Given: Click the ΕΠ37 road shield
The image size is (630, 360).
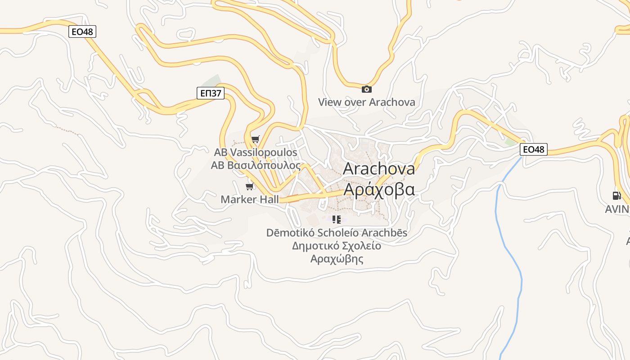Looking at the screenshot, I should (x=211, y=93).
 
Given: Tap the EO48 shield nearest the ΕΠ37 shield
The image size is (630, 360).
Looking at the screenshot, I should (x=82, y=31).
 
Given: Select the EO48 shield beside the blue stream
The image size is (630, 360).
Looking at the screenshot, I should (x=534, y=149).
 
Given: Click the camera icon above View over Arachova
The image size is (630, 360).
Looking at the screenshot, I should (x=367, y=89).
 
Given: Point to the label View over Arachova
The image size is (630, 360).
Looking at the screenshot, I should (x=367, y=102).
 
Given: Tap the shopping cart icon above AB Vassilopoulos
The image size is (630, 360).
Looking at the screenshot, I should (x=256, y=139).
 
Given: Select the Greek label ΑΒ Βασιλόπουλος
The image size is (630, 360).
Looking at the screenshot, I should (x=256, y=165).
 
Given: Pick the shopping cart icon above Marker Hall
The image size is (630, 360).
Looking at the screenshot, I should (x=249, y=186).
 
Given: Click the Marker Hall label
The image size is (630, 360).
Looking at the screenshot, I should (x=250, y=199).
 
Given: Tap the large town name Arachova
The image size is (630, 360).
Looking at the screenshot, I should (x=379, y=169).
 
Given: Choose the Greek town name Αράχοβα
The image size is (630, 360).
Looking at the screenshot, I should (x=379, y=189).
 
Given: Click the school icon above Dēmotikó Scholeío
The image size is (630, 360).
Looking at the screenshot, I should (x=337, y=220).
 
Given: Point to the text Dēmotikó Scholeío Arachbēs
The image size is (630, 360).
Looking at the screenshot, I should (x=337, y=233).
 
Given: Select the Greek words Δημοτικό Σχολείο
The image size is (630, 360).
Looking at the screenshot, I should (x=337, y=246).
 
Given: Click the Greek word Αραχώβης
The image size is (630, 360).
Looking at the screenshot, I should (x=337, y=259).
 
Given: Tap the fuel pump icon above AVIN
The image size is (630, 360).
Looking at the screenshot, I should (x=616, y=195).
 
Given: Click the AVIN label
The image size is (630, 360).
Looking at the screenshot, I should (x=617, y=209).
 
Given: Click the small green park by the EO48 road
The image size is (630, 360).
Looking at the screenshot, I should (x=510, y=142).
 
